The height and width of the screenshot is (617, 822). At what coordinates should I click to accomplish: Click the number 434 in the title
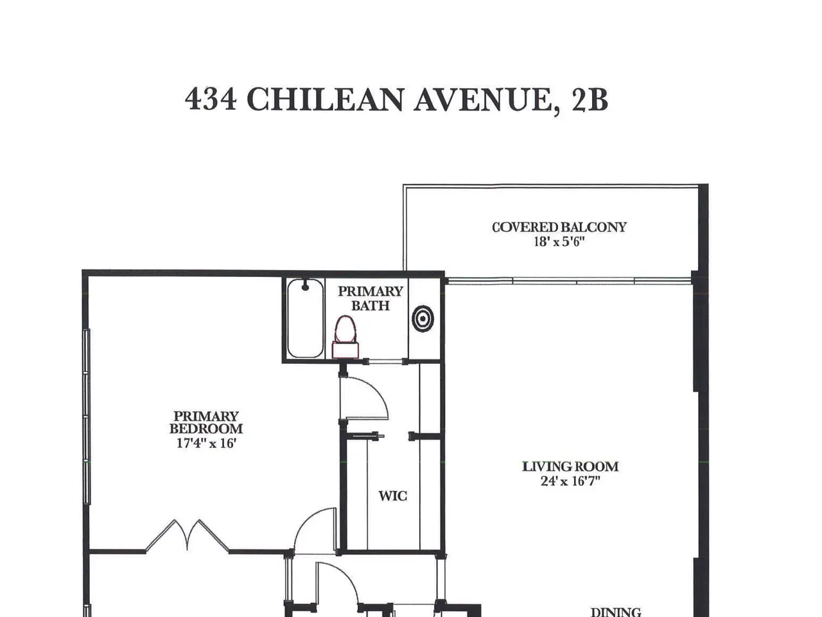(211, 99)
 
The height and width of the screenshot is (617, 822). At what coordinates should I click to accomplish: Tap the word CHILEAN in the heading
(326, 99)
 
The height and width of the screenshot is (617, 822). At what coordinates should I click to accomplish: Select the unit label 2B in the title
(590, 99)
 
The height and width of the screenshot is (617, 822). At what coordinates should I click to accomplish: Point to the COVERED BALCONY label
(559, 227)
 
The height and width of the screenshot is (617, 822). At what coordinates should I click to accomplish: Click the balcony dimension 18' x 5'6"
(559, 242)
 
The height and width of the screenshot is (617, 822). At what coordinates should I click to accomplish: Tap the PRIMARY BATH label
(371, 298)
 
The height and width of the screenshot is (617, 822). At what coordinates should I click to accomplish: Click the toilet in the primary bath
(345, 337)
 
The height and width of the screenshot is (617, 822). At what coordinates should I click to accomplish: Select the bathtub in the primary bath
(305, 318)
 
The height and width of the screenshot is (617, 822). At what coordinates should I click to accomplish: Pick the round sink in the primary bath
(423, 319)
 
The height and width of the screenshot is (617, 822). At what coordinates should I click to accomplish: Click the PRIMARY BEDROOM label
(206, 422)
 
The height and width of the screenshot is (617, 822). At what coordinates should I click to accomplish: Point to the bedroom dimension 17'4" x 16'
(206, 443)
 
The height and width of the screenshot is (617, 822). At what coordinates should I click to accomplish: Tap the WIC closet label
(392, 496)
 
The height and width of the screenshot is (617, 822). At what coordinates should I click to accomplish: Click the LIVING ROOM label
(570, 467)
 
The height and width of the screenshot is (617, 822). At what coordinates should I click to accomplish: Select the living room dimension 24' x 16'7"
(570, 481)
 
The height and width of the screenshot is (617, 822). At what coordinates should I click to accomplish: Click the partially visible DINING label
(616, 612)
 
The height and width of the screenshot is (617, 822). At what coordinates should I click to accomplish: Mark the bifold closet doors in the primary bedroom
(187, 536)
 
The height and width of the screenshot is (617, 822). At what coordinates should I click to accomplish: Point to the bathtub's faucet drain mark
(305, 286)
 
